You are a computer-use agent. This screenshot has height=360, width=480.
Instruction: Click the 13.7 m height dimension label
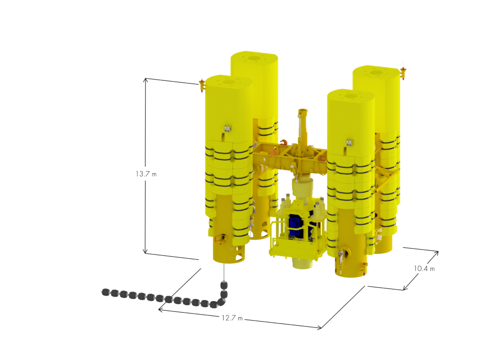pos(146,173)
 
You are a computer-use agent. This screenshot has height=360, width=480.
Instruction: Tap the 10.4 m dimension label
pos(424,269)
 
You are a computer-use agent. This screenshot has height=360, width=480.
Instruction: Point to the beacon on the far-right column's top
pos(403,73)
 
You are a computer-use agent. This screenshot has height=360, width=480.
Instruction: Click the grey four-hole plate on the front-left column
pos(228,128)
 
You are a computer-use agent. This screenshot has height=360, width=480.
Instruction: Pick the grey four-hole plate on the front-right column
pos(349,142)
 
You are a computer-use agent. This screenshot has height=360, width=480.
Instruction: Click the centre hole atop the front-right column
pos(350,96)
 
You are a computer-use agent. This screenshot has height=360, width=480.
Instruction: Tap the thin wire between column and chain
pos(225,271)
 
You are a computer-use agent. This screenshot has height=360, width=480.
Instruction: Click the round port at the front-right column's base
pos(347,253)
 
